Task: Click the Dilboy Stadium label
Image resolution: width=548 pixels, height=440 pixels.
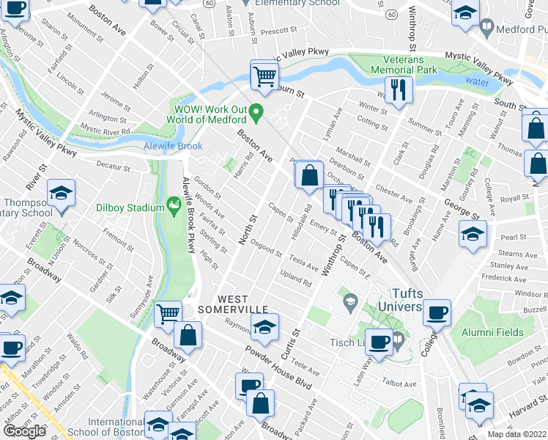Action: [x=130, y=208]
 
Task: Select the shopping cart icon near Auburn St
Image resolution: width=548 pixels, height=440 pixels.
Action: [x=265, y=75]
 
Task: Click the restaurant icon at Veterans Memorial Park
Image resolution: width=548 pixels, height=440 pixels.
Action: [x=399, y=89]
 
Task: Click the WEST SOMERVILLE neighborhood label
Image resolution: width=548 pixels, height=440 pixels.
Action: [x=243, y=306]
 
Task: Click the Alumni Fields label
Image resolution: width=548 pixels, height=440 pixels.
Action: [x=492, y=332]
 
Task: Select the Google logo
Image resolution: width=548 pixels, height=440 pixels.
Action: [x=24, y=431]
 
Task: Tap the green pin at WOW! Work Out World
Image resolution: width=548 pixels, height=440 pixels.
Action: [x=256, y=113]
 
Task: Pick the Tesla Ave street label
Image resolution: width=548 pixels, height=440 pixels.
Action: [x=303, y=262]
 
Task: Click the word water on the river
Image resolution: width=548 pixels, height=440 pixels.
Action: [x=477, y=82]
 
